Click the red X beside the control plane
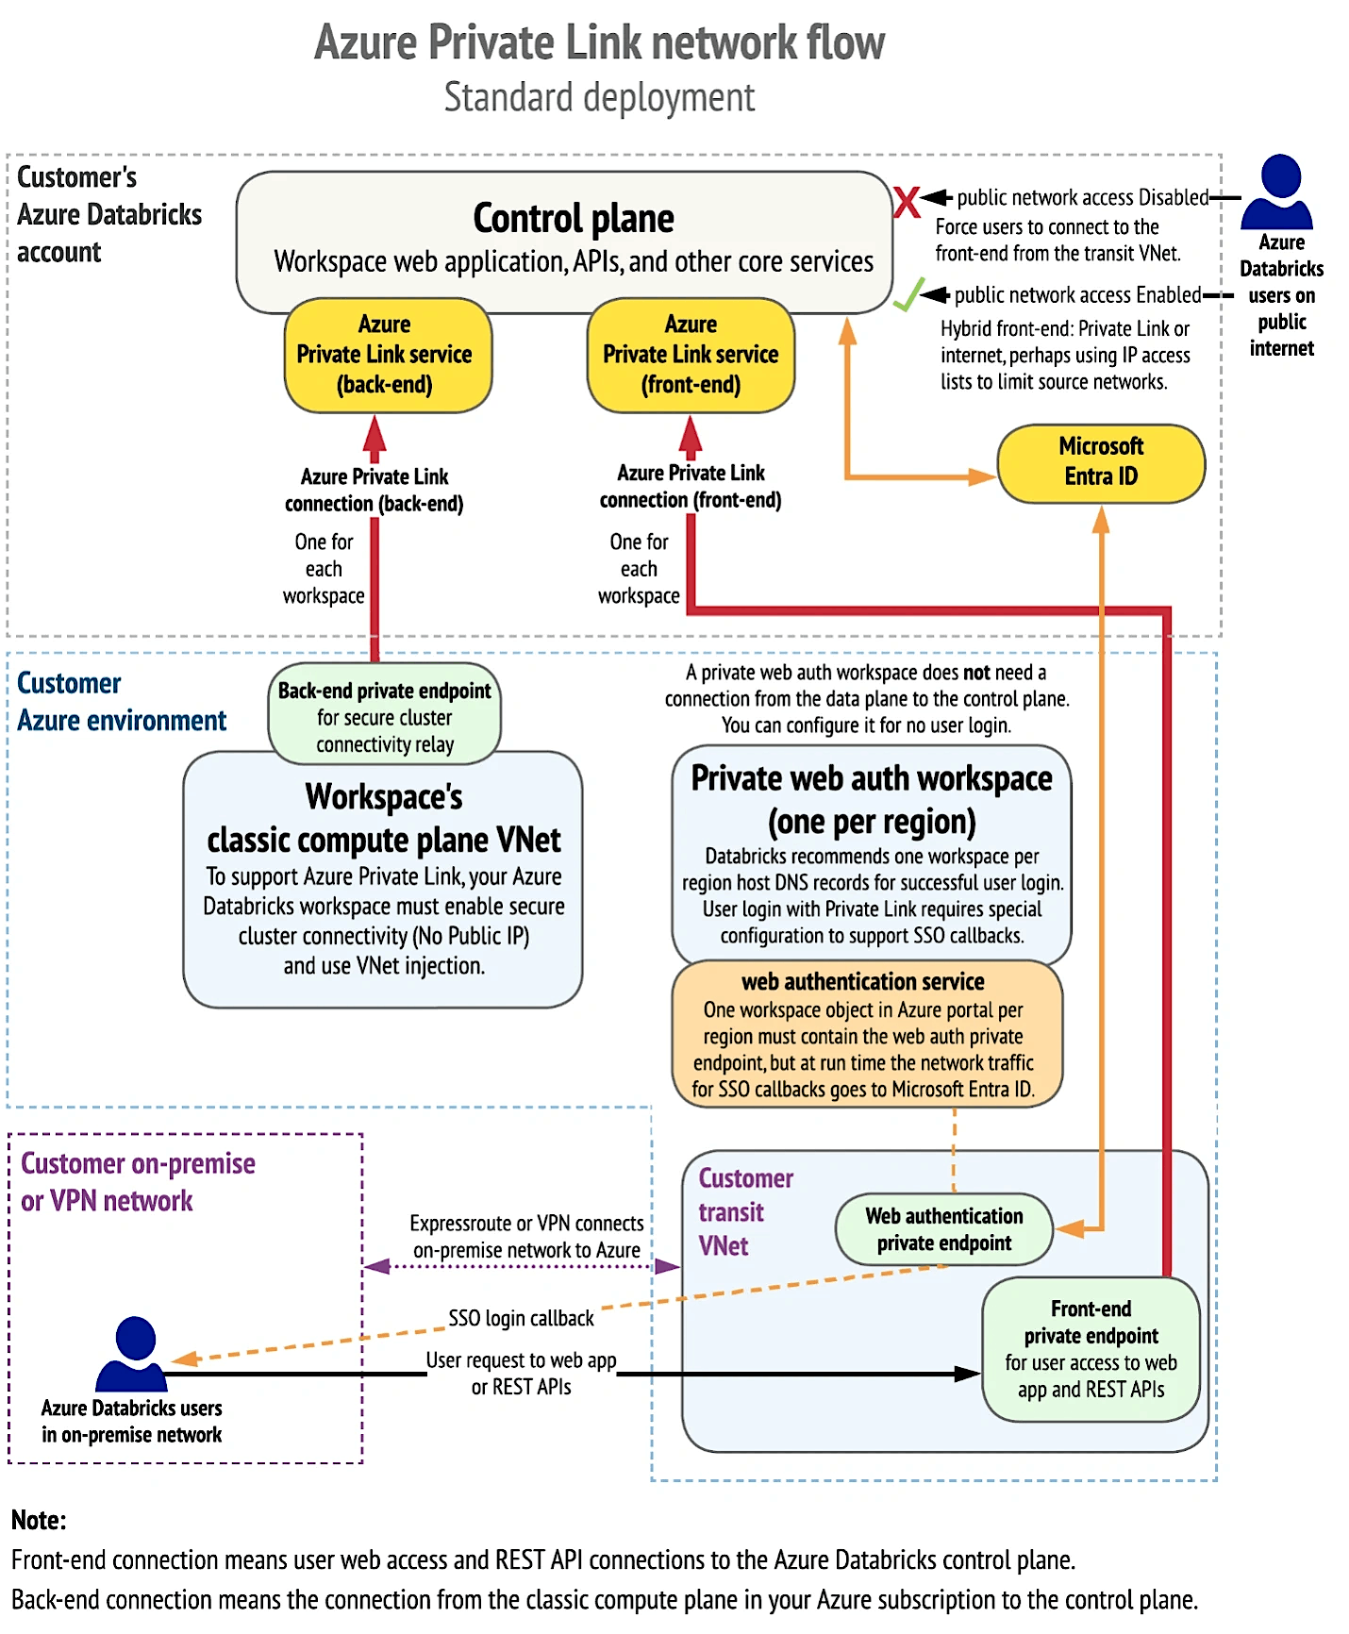(x=907, y=201)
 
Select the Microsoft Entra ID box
(x=1101, y=462)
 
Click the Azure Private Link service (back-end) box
(x=387, y=356)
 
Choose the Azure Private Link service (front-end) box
(x=691, y=356)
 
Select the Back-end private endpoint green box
(x=385, y=716)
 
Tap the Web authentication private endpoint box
(x=943, y=1229)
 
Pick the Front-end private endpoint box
(x=1091, y=1349)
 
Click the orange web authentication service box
(x=866, y=1035)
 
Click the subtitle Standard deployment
(x=599, y=97)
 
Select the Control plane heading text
(x=574, y=218)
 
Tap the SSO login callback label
(x=521, y=1318)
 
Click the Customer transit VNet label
(x=744, y=1212)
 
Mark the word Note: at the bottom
(x=39, y=1520)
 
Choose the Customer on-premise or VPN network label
(x=138, y=1182)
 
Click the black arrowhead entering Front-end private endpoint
(x=969, y=1374)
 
